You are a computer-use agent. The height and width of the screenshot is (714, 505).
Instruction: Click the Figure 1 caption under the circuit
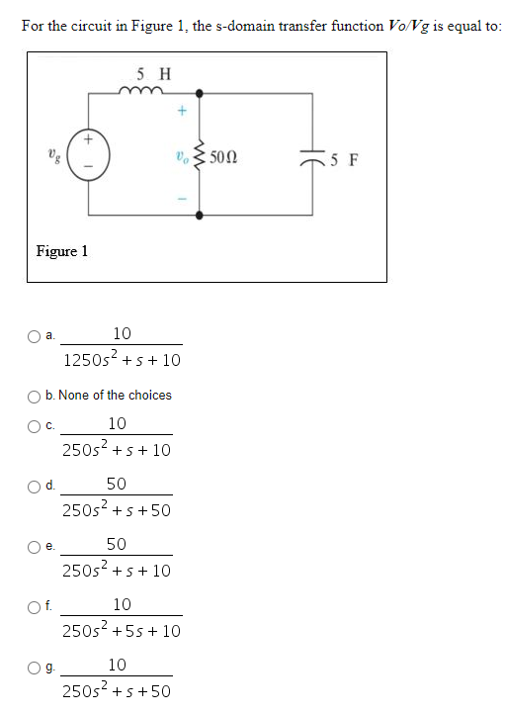pyautogui.click(x=62, y=250)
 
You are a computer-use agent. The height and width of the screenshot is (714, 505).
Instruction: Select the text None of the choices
pyautogui.click(x=115, y=395)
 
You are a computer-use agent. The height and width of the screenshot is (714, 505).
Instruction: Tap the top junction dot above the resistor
pyautogui.click(x=201, y=95)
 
